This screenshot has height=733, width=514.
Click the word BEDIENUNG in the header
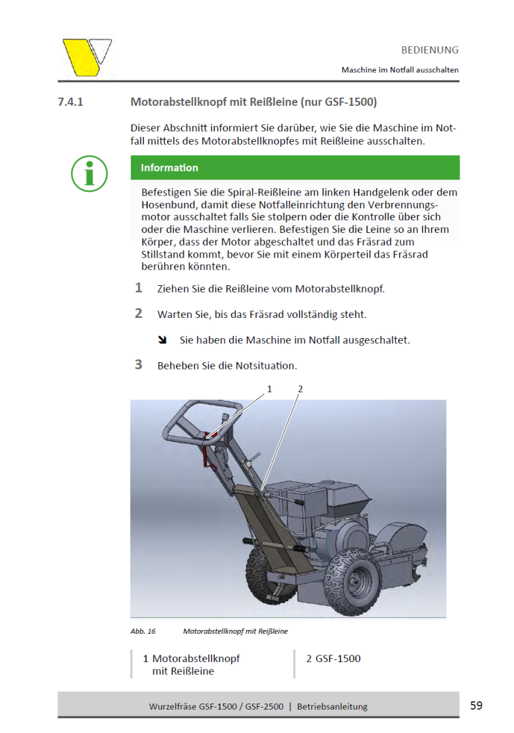pyautogui.click(x=430, y=50)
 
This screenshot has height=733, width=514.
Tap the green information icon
pyautogui.click(x=89, y=173)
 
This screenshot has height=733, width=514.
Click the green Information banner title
pyautogui.click(x=169, y=168)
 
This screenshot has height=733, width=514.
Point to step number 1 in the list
pyautogui.click(x=139, y=288)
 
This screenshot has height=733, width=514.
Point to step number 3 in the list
pyautogui.click(x=139, y=365)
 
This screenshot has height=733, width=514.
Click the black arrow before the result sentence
pyautogui.click(x=162, y=340)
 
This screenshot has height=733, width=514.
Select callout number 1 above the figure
pyautogui.click(x=270, y=389)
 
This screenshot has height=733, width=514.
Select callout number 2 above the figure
pyautogui.click(x=300, y=389)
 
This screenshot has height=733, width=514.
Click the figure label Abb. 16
pyautogui.click(x=143, y=631)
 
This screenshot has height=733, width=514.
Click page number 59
pyautogui.click(x=476, y=706)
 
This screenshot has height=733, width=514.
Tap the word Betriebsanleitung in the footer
pyautogui.click(x=332, y=706)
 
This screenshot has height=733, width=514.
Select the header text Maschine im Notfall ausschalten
pyautogui.click(x=400, y=70)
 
